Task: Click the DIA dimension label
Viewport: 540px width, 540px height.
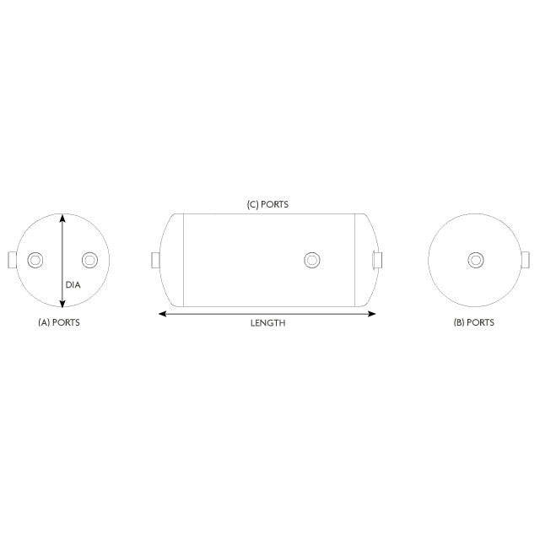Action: pos(73,284)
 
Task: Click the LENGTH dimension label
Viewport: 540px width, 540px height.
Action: pos(267,323)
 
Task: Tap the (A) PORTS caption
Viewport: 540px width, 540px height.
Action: pos(59,322)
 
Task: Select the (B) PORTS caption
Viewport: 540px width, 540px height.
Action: pos(473,322)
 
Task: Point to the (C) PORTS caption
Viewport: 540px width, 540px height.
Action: pos(267,204)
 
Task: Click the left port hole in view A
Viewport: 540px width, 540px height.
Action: pos(35,259)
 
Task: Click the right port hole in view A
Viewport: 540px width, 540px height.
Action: pos(89,259)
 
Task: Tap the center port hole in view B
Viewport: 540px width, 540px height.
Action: pos(475,259)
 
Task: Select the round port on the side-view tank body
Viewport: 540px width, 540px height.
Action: pos(312,259)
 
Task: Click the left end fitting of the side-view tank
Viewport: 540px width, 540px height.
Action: pos(154,259)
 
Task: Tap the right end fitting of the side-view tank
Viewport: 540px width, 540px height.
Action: pos(377,259)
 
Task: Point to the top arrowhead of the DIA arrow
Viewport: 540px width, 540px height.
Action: pos(62,217)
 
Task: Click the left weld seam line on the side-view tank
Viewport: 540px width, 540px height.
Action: pos(183,259)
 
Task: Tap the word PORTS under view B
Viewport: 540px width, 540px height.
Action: pos(481,322)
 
